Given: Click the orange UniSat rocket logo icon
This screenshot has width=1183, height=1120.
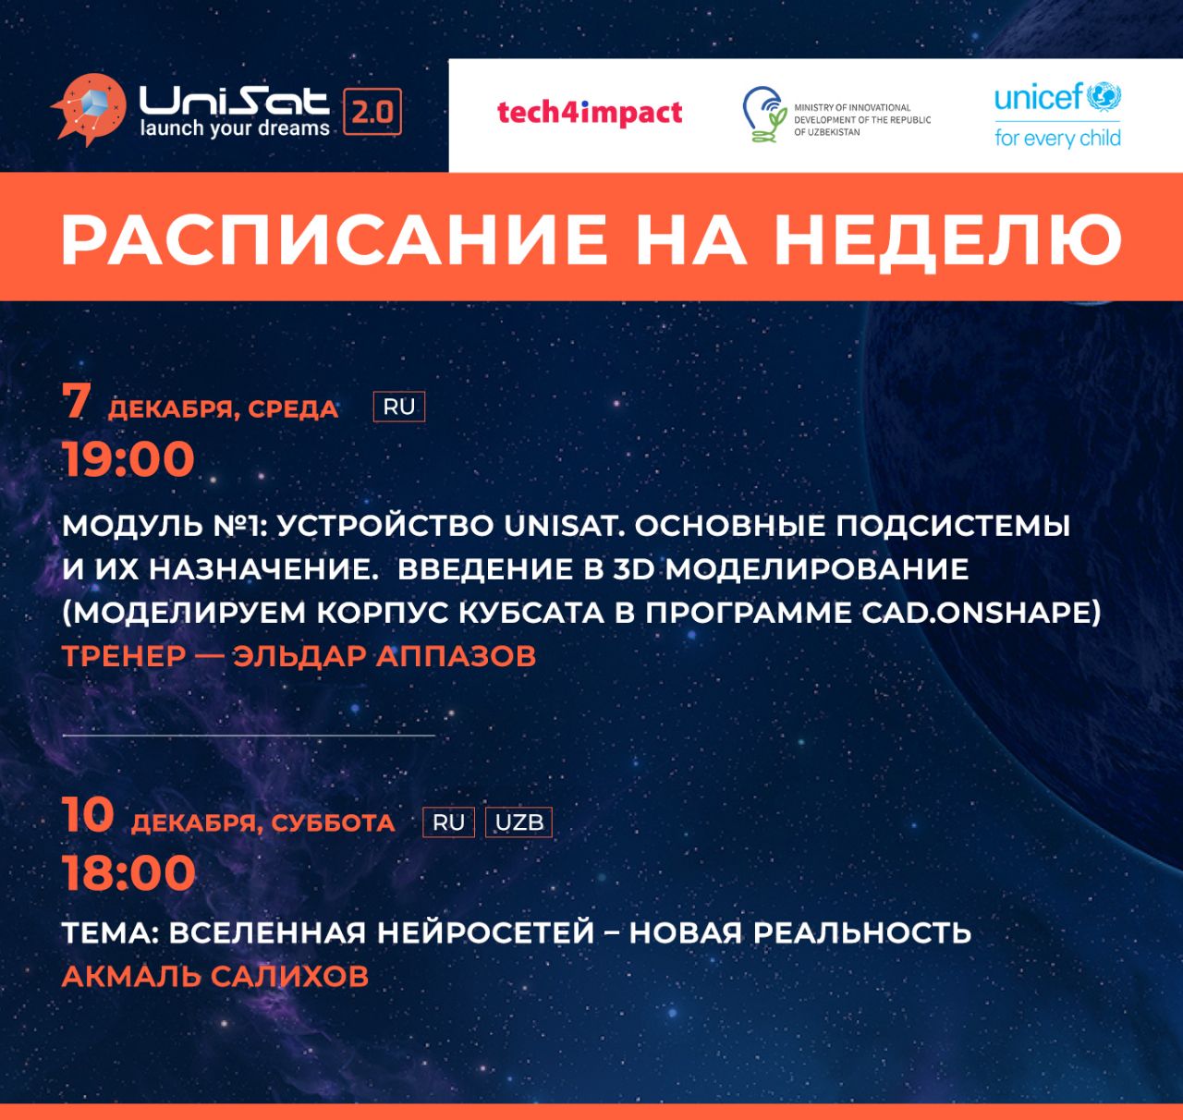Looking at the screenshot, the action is click(91, 109).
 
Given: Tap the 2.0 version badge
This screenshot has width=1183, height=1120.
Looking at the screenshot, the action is click(372, 112).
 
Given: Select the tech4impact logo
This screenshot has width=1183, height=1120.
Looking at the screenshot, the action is click(590, 113).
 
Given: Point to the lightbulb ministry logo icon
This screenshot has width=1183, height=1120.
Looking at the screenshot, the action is click(764, 115).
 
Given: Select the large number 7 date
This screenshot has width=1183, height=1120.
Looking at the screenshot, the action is click(77, 401).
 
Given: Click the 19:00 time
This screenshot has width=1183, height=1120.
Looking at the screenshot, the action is click(128, 459).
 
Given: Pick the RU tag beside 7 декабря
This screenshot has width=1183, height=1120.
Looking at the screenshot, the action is click(399, 407).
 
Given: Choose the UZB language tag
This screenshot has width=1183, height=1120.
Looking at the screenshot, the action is click(518, 822).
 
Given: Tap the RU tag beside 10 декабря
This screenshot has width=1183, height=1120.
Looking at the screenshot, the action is click(448, 822).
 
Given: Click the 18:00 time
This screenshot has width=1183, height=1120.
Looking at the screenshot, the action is click(128, 873).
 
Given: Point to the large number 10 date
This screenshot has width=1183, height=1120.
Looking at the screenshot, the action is click(88, 815).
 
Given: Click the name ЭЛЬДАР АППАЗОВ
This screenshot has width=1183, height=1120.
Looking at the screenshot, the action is click(384, 656).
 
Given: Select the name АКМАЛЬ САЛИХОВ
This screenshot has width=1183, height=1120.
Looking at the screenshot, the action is click(215, 976).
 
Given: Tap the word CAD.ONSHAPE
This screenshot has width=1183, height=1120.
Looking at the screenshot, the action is click(982, 613).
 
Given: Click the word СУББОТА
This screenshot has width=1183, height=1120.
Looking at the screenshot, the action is click(333, 822).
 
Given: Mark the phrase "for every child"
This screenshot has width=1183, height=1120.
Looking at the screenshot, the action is click(1057, 138).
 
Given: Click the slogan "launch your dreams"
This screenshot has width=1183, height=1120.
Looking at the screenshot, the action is click(235, 128).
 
